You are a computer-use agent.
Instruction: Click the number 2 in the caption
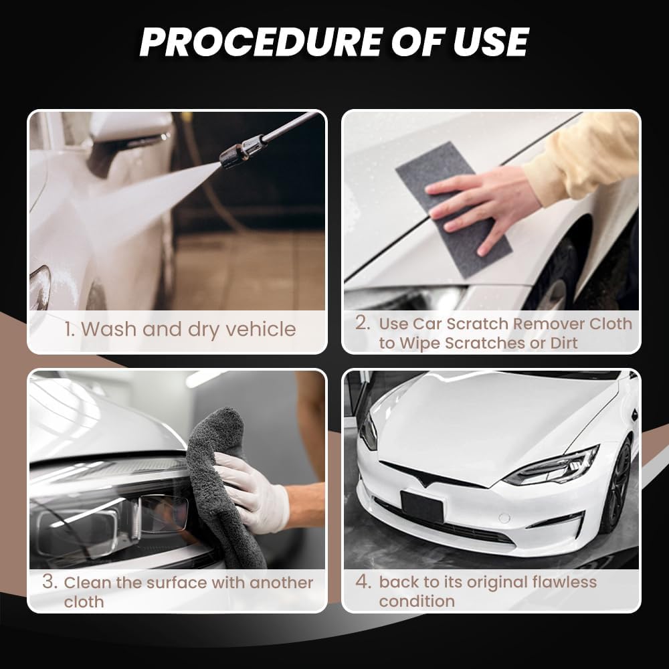pos(362,323)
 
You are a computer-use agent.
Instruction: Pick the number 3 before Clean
pos(49,582)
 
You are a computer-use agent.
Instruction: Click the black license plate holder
pos(422,506)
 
